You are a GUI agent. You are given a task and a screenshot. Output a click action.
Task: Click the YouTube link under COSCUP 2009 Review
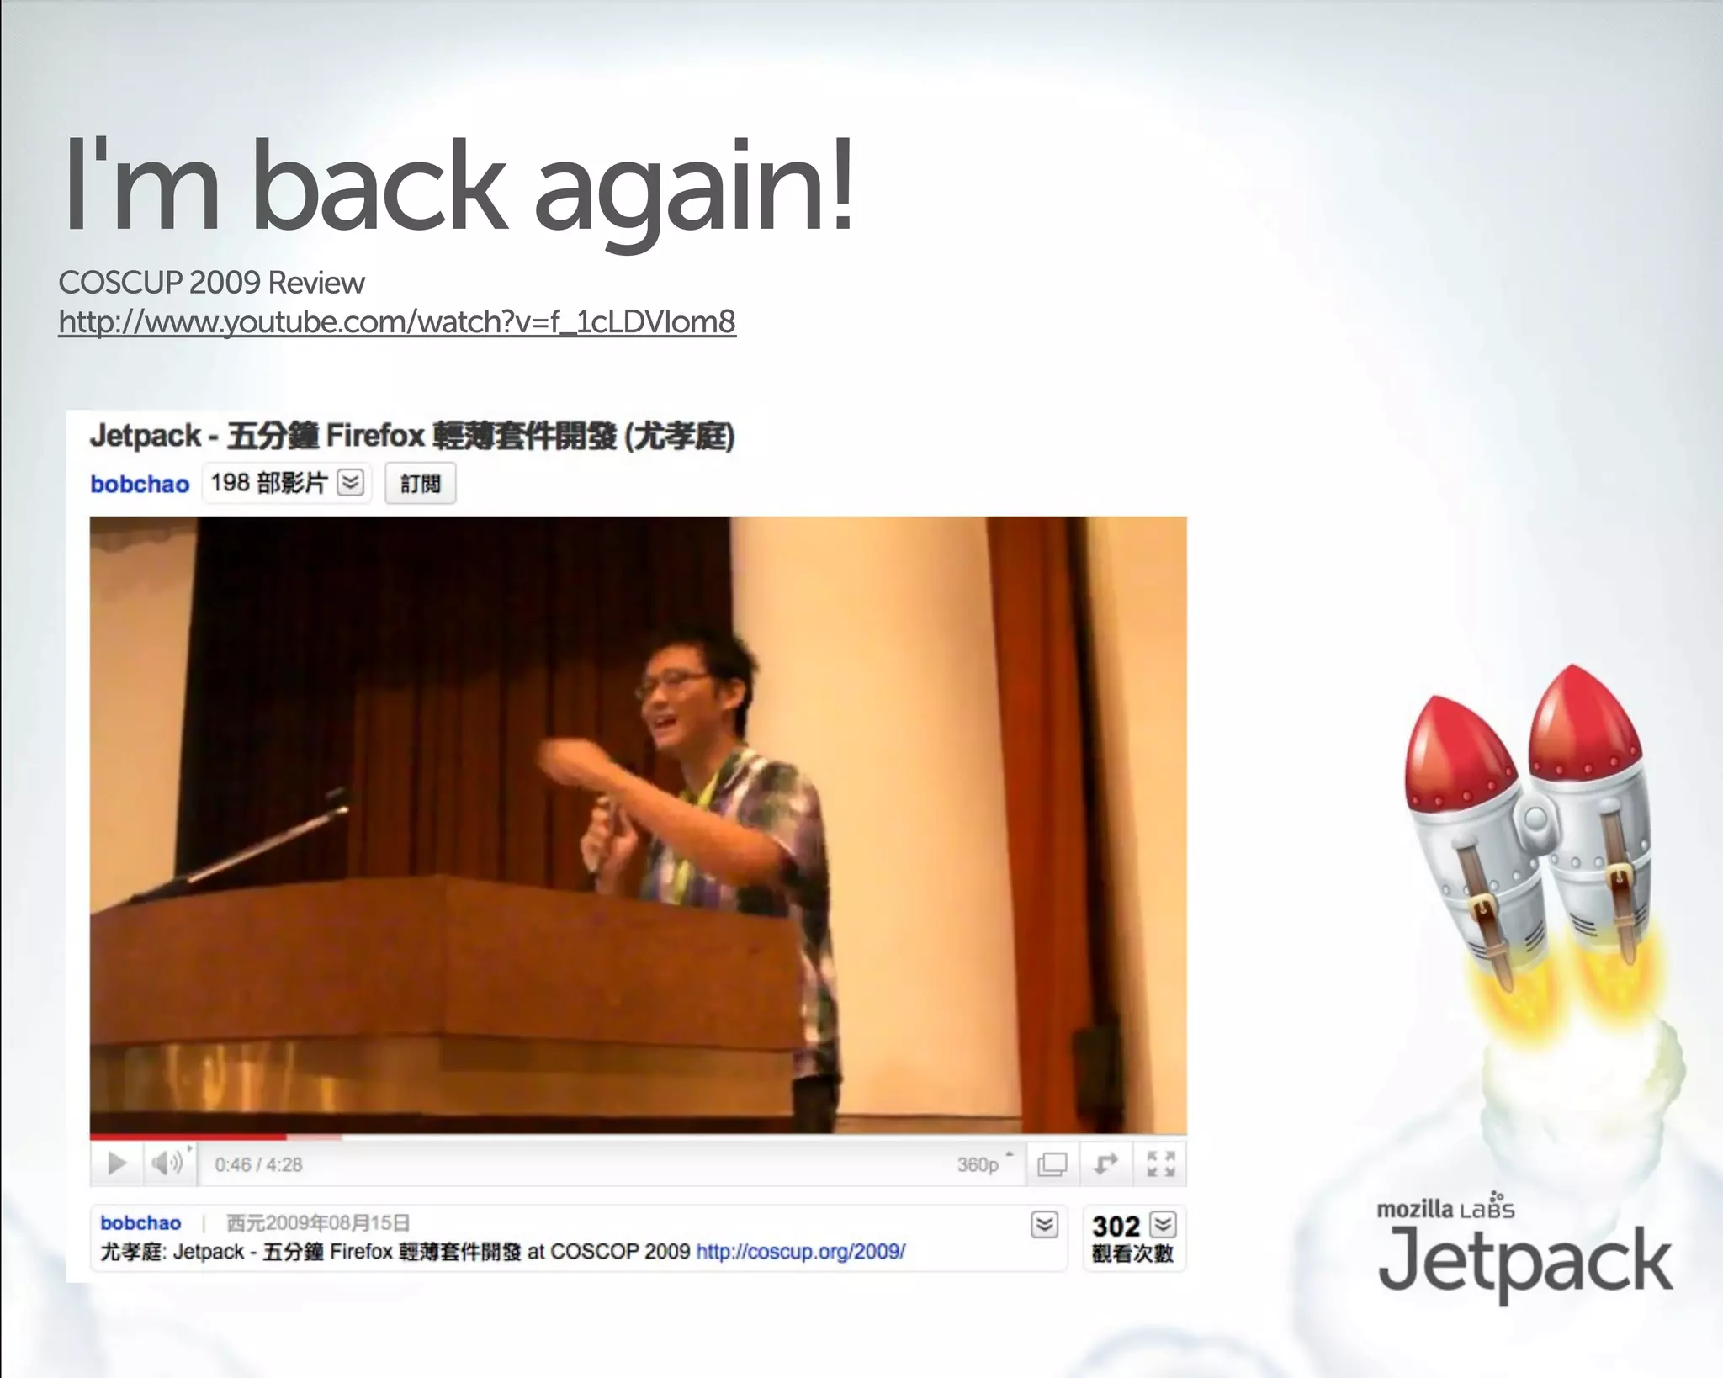(x=397, y=322)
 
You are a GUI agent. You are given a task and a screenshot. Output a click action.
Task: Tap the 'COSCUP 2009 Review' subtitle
(x=211, y=283)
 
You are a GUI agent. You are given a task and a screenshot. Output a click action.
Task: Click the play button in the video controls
(x=117, y=1164)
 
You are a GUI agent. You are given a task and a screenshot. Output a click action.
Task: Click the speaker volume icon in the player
(x=167, y=1163)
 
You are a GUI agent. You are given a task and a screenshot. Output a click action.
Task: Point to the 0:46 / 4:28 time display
(x=258, y=1165)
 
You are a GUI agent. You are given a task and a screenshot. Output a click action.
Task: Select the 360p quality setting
(x=978, y=1165)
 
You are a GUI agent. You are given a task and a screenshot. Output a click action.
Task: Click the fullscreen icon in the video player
(x=1160, y=1164)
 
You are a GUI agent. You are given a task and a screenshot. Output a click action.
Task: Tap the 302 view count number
(x=1116, y=1227)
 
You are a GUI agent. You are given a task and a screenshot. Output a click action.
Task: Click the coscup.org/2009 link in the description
(x=800, y=1252)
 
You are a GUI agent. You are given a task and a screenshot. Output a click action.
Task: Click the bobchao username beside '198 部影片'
(x=140, y=485)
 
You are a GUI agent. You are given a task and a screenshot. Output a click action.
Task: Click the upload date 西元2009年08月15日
(x=318, y=1223)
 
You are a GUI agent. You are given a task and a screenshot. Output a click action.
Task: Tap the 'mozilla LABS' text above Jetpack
(x=1445, y=1210)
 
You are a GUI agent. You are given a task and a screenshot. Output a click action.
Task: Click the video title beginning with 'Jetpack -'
(x=412, y=437)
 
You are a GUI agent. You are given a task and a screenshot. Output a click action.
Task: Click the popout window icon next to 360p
(x=1052, y=1164)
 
